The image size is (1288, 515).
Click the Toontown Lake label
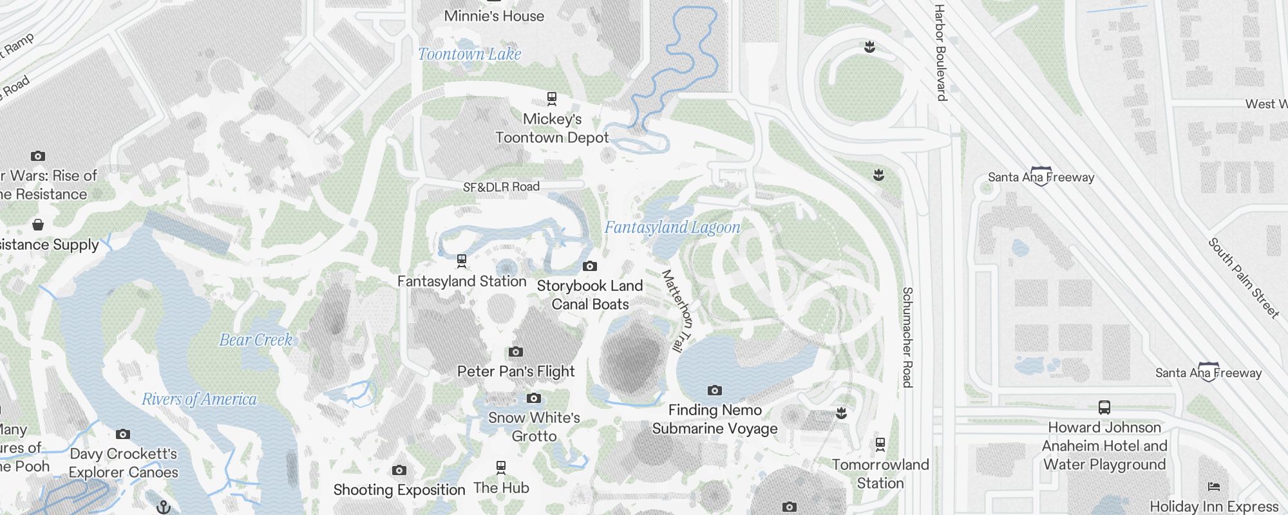coord(469,55)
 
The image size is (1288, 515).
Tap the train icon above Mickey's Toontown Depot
coord(552,98)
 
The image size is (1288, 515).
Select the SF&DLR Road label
coord(501,187)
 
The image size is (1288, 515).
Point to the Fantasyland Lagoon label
coord(672,227)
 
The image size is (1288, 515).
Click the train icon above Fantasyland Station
coord(461,261)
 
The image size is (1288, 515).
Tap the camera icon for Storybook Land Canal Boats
coord(589,266)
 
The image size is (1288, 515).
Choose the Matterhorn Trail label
coord(677,310)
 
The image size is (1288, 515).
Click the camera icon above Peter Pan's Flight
coord(515,351)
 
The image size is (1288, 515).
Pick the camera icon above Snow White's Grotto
coord(533,398)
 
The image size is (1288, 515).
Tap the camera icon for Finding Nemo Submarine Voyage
coord(714,390)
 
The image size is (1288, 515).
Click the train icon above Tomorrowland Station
coord(880,444)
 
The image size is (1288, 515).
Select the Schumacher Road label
coord(907,337)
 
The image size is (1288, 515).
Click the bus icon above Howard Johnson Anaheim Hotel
coord(1104,407)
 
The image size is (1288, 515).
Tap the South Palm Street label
coord(1243,278)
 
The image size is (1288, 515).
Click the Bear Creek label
coord(256,340)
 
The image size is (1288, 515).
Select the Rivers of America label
coord(199,400)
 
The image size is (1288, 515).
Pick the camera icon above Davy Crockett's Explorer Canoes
coord(123,434)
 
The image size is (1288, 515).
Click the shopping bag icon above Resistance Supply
coord(38,225)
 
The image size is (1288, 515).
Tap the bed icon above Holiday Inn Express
coord(1213,487)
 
